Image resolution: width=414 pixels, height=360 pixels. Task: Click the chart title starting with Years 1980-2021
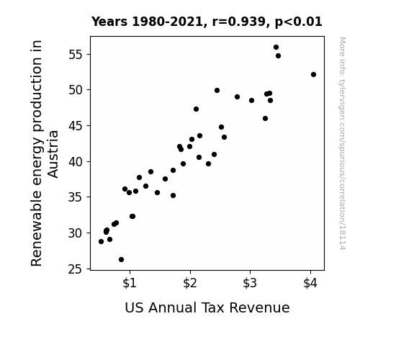point(207,22)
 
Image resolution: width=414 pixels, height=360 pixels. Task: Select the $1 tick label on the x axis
point(130,283)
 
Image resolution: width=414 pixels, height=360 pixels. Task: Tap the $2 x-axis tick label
point(190,283)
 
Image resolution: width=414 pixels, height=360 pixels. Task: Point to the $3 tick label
point(250,283)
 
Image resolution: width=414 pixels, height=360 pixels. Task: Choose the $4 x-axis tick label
point(310,283)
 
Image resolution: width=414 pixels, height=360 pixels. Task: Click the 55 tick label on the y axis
point(76,55)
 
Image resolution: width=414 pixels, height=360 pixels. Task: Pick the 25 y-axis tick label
point(76,269)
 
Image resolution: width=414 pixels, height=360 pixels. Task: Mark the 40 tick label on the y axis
point(76,162)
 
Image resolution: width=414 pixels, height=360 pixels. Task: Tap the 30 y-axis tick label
point(76,233)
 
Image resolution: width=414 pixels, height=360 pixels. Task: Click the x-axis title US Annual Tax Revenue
point(207,307)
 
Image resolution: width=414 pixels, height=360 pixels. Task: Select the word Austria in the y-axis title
point(53,154)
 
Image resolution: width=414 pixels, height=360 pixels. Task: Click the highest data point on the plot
point(276,48)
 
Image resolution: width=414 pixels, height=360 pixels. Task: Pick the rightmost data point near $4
point(313,74)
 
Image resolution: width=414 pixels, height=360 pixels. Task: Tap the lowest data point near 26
point(121,260)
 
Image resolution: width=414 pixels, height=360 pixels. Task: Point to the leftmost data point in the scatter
point(101,241)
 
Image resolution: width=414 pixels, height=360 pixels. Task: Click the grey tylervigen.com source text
point(342,143)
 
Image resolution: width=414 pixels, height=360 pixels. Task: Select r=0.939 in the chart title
point(238,22)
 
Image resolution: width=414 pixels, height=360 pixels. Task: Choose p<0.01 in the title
point(299,22)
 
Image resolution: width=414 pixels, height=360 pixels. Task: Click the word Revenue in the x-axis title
point(259,307)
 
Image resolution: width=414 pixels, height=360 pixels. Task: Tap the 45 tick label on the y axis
point(76,126)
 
